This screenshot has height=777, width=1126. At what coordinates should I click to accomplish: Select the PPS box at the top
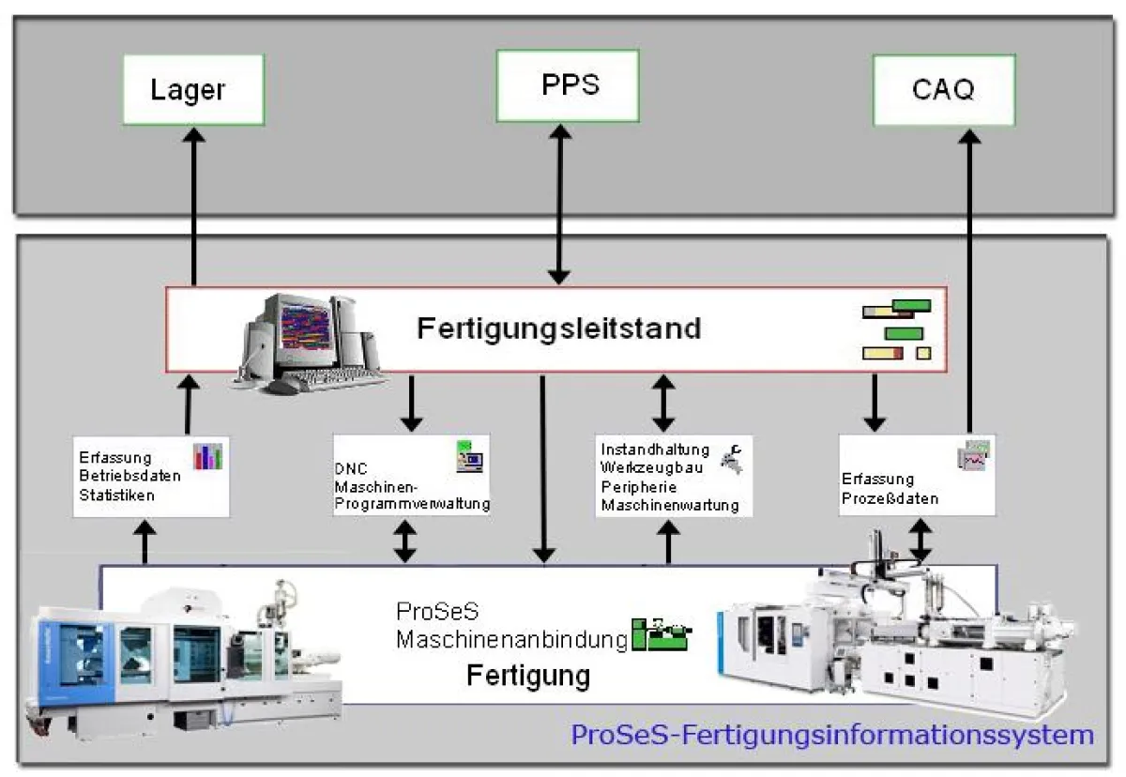click(570, 85)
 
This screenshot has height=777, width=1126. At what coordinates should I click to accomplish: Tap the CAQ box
click(943, 90)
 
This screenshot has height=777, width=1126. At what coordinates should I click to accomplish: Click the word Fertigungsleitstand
click(559, 329)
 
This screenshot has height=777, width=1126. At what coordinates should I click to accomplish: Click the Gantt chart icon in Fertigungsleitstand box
click(897, 330)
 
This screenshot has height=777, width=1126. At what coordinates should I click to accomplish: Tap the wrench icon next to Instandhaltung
click(730, 457)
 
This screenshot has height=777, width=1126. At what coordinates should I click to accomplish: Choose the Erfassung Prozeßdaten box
click(917, 475)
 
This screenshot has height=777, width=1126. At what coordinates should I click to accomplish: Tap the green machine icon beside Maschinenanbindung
click(661, 635)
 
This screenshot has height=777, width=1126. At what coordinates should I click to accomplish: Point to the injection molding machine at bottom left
click(178, 657)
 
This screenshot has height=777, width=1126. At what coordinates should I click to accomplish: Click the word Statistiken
click(117, 495)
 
